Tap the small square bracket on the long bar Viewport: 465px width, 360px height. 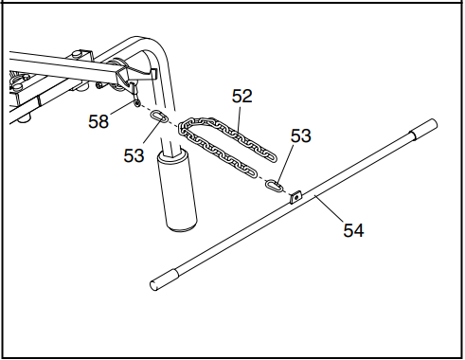click(x=295, y=196)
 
